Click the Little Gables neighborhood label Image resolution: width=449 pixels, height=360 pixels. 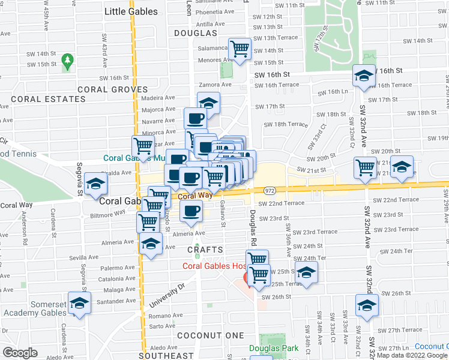point(131,11)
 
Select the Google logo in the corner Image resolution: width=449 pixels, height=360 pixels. point(20,353)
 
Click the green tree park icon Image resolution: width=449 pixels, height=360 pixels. point(67,61)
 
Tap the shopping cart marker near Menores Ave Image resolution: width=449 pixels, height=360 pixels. point(240,49)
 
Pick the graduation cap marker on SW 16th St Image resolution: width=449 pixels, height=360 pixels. point(364,76)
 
